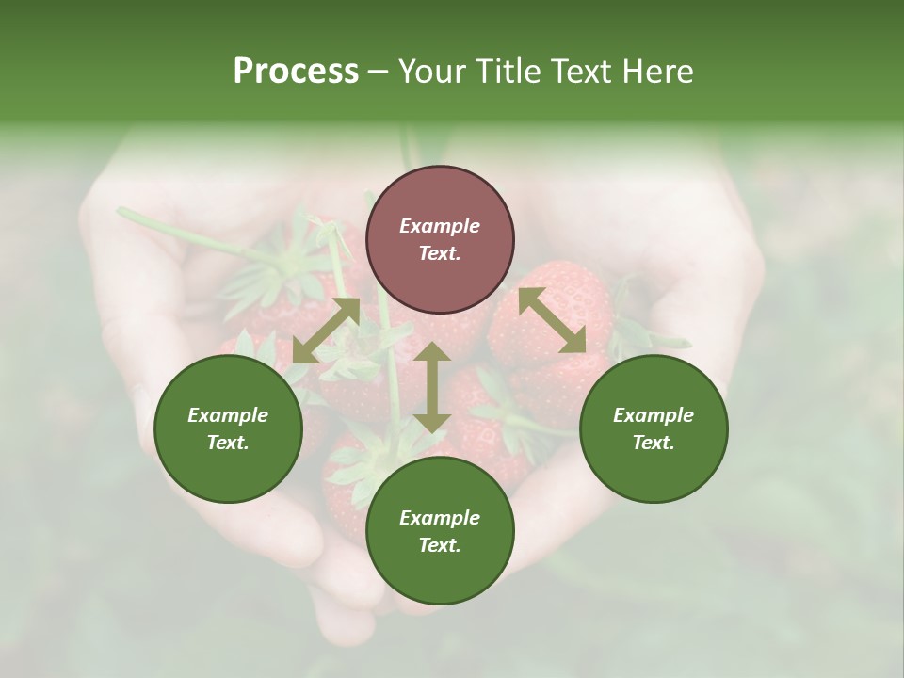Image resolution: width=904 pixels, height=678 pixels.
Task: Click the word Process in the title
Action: [x=296, y=72]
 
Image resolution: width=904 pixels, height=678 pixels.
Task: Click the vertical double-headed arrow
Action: [x=431, y=387]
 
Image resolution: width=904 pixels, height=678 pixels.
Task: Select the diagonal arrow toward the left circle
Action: [x=326, y=330]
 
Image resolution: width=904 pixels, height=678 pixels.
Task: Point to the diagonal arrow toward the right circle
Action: [x=552, y=320]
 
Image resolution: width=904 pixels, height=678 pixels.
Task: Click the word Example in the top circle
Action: [x=440, y=226]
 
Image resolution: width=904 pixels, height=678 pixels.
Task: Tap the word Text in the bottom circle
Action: [x=438, y=545]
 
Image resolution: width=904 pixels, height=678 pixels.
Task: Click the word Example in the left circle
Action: [x=228, y=415]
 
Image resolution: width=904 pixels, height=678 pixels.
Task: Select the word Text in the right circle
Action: [x=653, y=443]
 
